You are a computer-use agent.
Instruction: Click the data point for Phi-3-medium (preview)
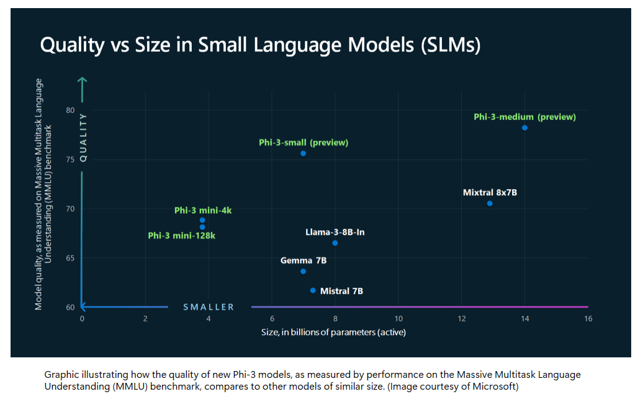[x=524, y=128]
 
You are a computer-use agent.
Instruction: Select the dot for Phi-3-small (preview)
[x=303, y=154]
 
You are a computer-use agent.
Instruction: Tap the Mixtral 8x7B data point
[x=490, y=204]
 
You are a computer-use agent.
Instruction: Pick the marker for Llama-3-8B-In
[x=335, y=243]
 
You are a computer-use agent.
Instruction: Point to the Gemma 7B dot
[x=303, y=272]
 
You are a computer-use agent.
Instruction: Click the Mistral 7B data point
[x=313, y=291]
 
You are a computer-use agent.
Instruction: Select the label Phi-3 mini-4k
[x=203, y=211]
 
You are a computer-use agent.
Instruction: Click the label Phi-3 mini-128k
[x=181, y=236]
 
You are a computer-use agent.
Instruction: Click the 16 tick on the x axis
[x=588, y=319]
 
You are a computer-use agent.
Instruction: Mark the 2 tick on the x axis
[x=145, y=319]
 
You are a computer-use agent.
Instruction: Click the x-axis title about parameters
[x=333, y=332]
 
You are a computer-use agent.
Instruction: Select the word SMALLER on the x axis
[x=209, y=307]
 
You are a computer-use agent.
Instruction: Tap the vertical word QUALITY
[x=83, y=138]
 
